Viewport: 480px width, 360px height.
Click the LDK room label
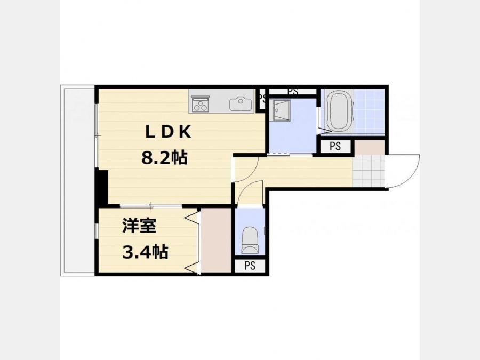point(168,132)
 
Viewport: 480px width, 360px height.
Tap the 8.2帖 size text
point(164,158)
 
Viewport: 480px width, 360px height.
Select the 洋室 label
point(139,226)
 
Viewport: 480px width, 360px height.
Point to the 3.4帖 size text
point(145,252)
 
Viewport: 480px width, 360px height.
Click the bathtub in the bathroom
point(339,110)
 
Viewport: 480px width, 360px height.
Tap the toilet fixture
point(250,241)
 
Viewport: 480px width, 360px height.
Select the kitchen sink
point(241,104)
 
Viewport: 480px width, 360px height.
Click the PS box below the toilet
point(250,266)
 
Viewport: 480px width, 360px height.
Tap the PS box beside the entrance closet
point(335,146)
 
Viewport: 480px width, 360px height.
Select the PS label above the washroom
point(293,91)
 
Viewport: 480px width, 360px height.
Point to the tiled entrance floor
point(368,171)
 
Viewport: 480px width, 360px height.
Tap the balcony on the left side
point(78,181)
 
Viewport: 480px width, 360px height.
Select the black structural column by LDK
point(102,187)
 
